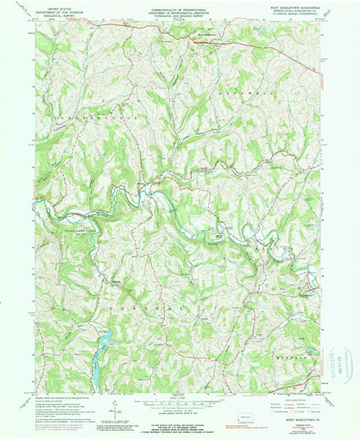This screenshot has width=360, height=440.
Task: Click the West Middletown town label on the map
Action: tap(207, 35)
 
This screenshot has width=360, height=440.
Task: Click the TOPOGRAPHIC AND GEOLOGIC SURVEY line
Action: tap(179, 16)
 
